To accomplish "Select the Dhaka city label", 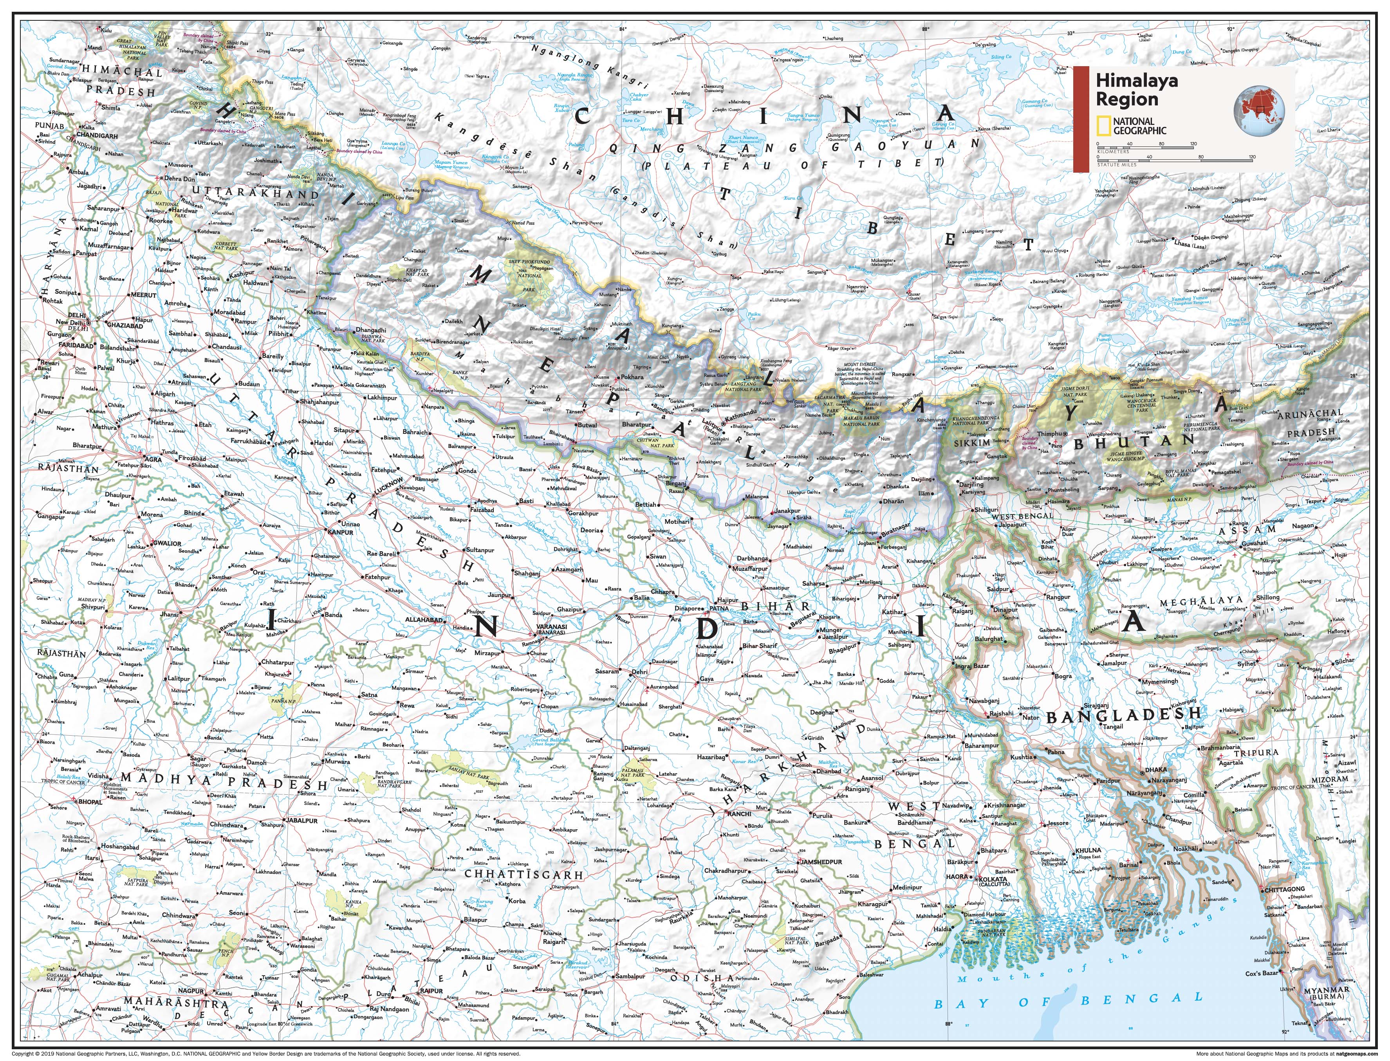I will point(1156,770).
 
